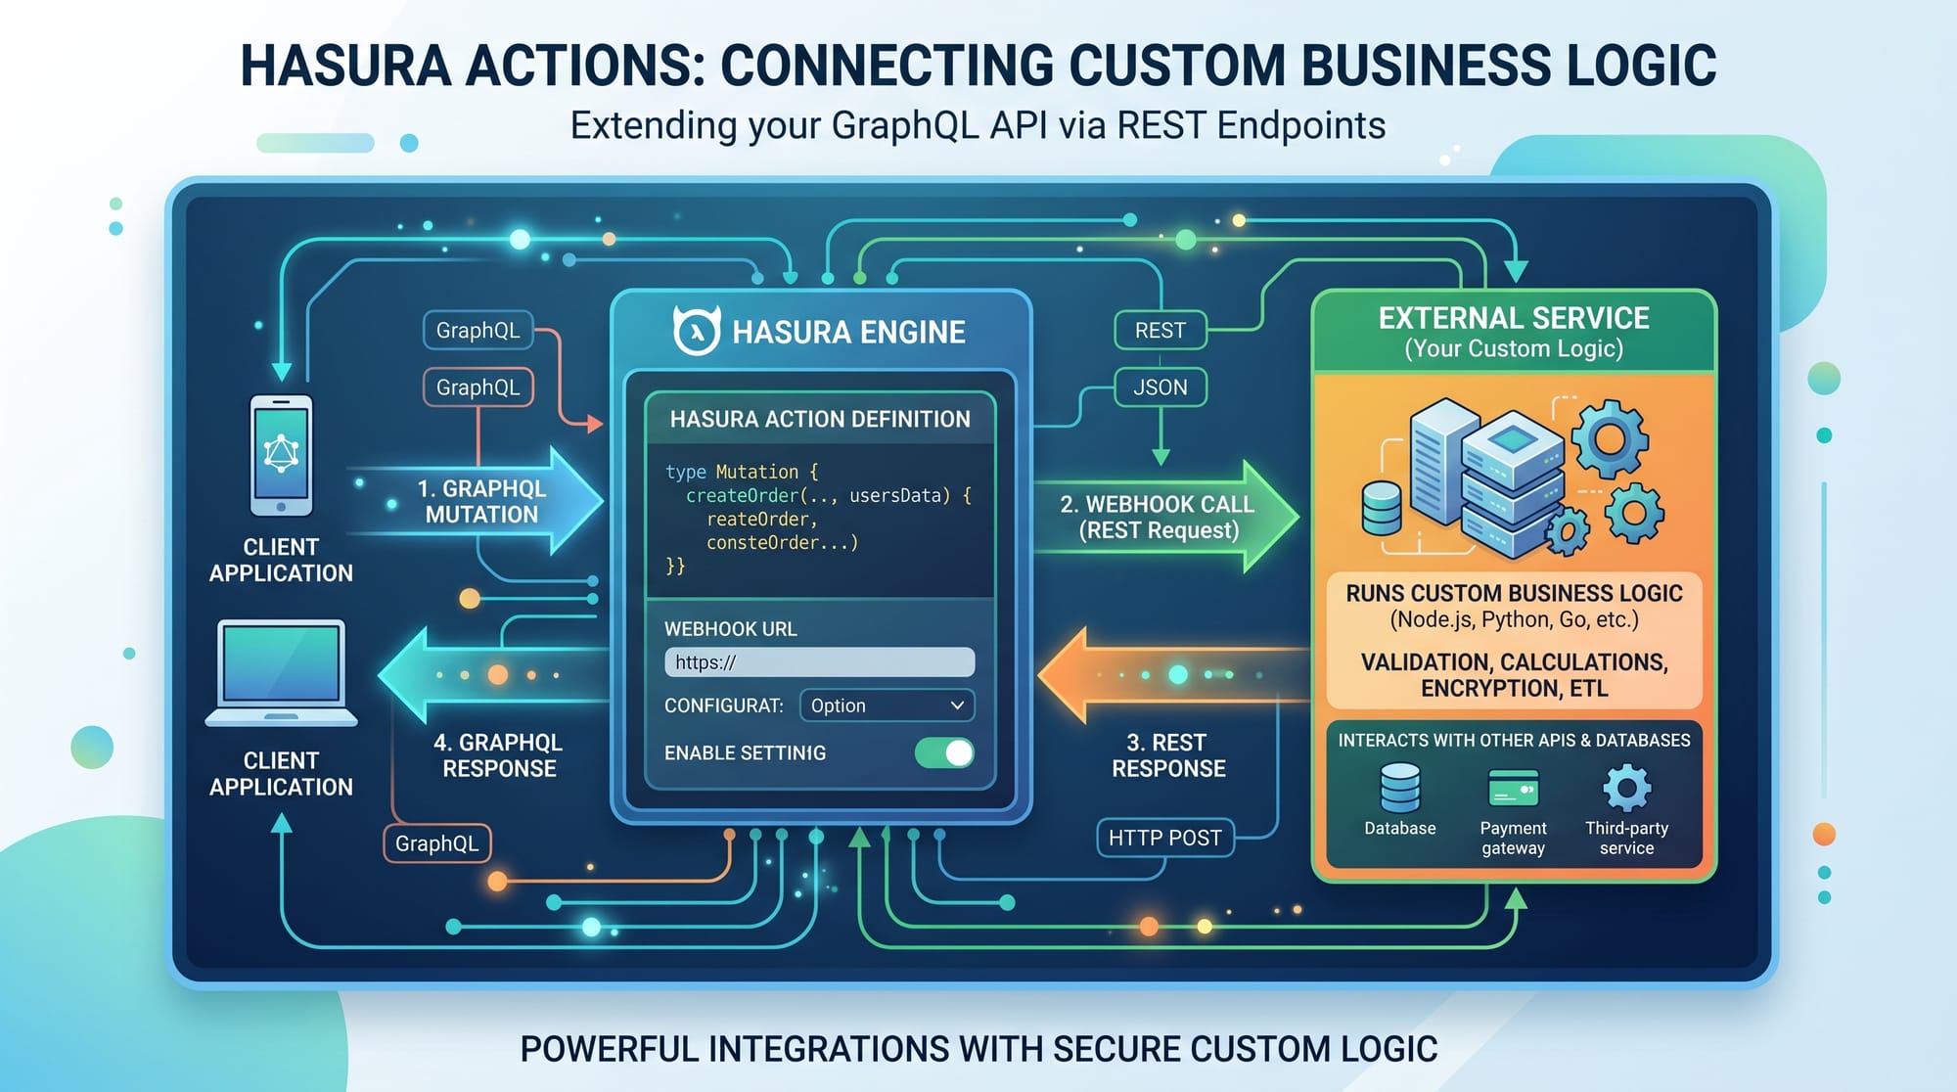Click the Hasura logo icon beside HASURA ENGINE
pyautogui.click(x=697, y=330)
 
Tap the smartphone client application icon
pyautogui.click(x=282, y=455)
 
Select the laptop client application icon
pyautogui.click(x=281, y=673)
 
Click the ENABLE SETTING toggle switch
pyautogui.click(x=944, y=752)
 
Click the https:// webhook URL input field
pyautogui.click(x=819, y=662)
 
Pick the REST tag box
pyautogui.click(x=1161, y=331)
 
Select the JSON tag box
pyautogui.click(x=1161, y=387)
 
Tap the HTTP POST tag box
pyautogui.click(x=1164, y=838)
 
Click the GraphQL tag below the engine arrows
pyautogui.click(x=436, y=843)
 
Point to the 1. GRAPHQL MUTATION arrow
pyautogui.click(x=479, y=501)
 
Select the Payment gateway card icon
pyautogui.click(x=1513, y=789)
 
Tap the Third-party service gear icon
pyautogui.click(x=1626, y=788)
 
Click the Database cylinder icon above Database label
pyautogui.click(x=1400, y=789)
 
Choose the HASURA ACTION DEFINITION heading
pyautogui.click(x=820, y=419)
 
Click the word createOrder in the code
pyautogui.click(x=742, y=495)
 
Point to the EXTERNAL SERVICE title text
pyautogui.click(x=1514, y=318)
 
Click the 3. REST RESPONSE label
pyautogui.click(x=1168, y=755)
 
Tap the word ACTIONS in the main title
pyautogui.click(x=583, y=66)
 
